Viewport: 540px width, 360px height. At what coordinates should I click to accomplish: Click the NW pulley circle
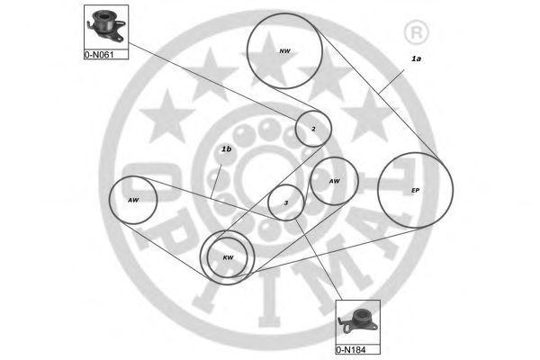tap(284, 50)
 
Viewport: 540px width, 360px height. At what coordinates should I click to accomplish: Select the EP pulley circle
tap(415, 191)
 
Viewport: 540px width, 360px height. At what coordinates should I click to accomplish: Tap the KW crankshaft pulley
tap(227, 258)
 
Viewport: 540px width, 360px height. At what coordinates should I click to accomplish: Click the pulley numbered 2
tap(313, 129)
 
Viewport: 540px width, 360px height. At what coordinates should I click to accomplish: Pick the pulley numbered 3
tap(286, 202)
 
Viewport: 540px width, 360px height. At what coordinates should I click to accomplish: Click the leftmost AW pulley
tap(133, 200)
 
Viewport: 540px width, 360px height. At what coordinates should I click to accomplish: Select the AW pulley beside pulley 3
tap(335, 182)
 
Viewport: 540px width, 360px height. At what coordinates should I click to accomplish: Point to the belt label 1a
tap(416, 58)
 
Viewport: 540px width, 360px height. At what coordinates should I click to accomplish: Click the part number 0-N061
tap(100, 53)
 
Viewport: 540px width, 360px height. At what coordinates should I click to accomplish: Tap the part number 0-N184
tap(353, 347)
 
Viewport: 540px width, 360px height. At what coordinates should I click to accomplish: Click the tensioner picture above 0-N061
tap(104, 24)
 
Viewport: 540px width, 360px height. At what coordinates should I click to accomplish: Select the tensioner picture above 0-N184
tap(358, 320)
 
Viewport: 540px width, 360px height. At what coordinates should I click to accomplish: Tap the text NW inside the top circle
tap(285, 50)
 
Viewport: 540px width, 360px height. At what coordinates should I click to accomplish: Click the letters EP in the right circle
tap(415, 191)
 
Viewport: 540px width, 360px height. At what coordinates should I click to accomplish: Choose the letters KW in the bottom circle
tap(228, 258)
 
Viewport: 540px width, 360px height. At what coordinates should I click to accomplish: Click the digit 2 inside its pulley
tap(313, 129)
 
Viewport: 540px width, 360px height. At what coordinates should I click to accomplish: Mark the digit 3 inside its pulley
tap(286, 202)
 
